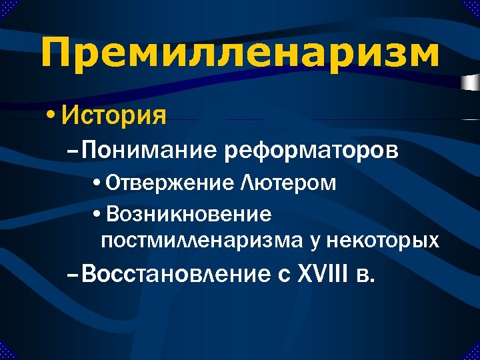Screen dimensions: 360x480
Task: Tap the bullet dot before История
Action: [51, 115]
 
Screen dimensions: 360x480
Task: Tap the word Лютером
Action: [289, 183]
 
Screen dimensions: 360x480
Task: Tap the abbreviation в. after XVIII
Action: [366, 275]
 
